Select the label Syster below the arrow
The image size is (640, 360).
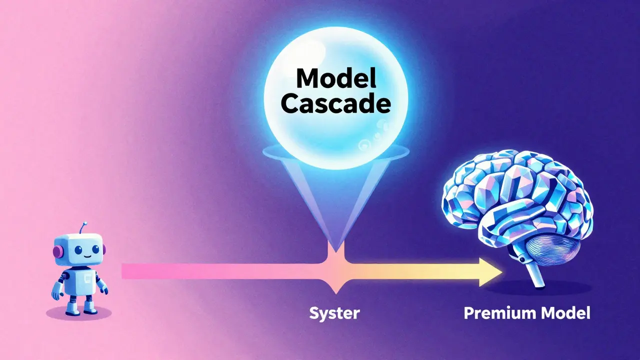[x=334, y=313]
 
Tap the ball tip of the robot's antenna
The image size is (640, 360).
[x=85, y=223]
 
